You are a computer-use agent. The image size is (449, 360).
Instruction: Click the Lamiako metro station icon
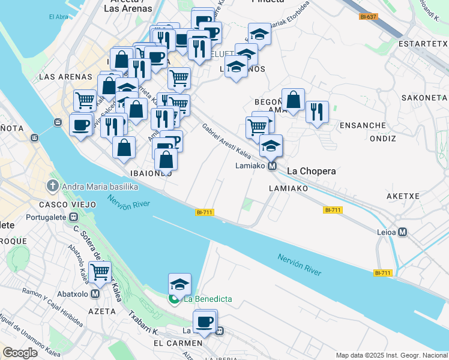point(272,166)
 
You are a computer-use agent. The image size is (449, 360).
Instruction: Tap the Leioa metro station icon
point(402,232)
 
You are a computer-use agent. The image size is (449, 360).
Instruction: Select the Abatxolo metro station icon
point(95,294)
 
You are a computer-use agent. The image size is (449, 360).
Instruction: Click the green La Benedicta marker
point(175,299)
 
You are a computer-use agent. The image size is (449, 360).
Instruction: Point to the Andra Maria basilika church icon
point(53,187)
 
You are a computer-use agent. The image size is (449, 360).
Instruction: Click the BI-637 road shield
point(368,17)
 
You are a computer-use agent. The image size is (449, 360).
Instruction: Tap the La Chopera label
point(311,171)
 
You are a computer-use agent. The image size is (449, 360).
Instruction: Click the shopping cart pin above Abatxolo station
point(100,272)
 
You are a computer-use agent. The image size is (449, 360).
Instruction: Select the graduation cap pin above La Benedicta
point(179,283)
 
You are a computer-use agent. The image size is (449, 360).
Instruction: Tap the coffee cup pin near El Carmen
point(205,322)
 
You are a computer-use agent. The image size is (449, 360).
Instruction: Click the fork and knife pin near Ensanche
point(316,112)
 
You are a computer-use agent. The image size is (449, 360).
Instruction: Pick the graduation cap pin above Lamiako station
point(271,145)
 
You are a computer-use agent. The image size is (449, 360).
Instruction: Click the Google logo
point(20,352)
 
